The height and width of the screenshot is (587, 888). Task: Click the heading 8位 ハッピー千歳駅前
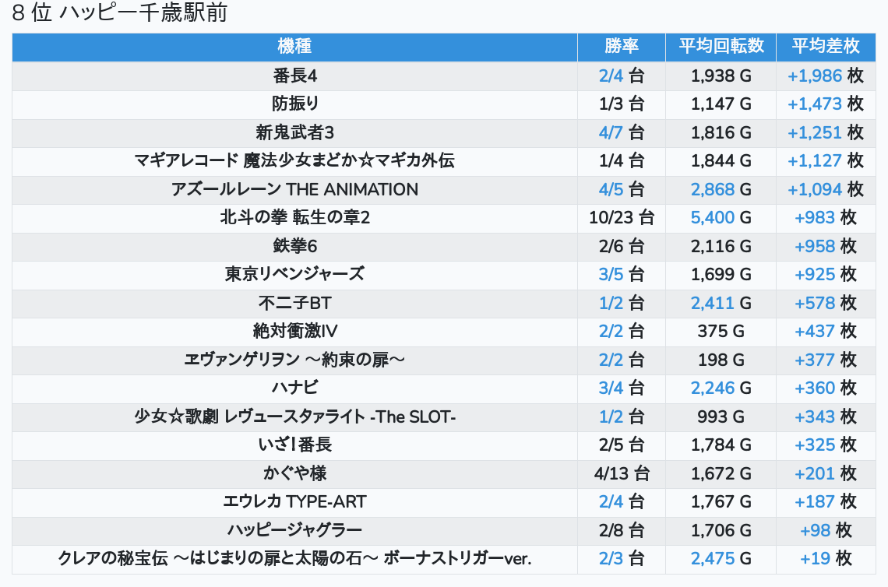coord(119,13)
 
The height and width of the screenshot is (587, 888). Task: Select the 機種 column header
coord(294,47)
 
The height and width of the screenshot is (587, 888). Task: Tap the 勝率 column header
coord(622,47)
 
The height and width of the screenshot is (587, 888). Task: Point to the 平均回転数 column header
coord(721,47)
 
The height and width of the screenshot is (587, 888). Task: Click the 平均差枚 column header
coord(826,47)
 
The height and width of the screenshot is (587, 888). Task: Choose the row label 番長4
coord(294,76)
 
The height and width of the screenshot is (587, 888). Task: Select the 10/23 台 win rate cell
coord(622,218)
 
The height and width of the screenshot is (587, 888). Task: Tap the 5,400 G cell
coord(721,218)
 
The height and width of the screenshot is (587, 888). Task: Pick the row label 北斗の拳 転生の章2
coord(294,218)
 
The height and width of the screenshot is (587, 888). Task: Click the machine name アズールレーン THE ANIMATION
coord(294,189)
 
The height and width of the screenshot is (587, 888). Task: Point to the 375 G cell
coord(721,331)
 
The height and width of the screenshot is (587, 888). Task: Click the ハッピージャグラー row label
coord(294,530)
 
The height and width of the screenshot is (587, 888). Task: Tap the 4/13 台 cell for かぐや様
coord(622,473)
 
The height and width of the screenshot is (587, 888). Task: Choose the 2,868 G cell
coord(721,189)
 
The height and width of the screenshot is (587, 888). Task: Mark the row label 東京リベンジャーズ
coord(294,274)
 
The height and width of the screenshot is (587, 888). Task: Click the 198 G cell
coord(721,360)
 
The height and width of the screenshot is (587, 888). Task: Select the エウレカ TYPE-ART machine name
coord(294,501)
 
